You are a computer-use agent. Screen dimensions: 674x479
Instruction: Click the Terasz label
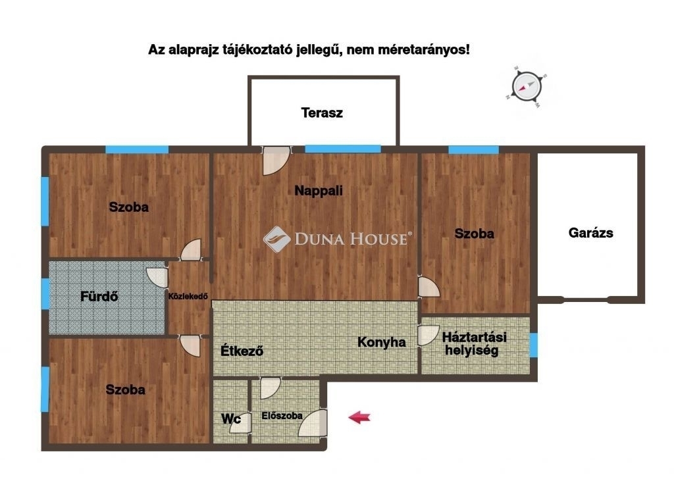(x=321, y=113)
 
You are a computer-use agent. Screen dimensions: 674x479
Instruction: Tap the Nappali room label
(x=319, y=191)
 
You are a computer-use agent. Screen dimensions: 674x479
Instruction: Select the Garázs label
(x=590, y=233)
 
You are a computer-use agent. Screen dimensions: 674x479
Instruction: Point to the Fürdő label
(x=99, y=296)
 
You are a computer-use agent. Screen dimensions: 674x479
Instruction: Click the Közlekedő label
(x=188, y=296)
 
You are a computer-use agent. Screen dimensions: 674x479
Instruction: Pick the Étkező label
(x=242, y=351)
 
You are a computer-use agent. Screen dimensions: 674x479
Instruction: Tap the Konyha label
(x=381, y=342)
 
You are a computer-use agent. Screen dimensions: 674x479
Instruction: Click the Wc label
(x=230, y=418)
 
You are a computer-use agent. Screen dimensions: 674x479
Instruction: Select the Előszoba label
(x=282, y=415)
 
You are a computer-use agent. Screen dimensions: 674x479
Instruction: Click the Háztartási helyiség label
(x=474, y=343)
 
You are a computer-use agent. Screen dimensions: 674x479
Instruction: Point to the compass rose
(x=527, y=86)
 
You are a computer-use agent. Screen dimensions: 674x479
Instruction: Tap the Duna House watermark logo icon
(x=277, y=239)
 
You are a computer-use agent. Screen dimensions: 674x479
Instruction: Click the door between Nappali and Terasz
(x=276, y=161)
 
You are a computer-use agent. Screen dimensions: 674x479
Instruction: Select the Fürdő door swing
(x=157, y=278)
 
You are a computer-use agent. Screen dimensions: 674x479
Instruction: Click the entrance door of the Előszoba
(x=313, y=422)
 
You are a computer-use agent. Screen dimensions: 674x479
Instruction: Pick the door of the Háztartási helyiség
(x=428, y=336)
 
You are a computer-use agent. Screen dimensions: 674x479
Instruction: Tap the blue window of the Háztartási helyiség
(x=533, y=345)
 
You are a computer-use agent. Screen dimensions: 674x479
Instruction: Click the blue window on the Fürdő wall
(x=45, y=293)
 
